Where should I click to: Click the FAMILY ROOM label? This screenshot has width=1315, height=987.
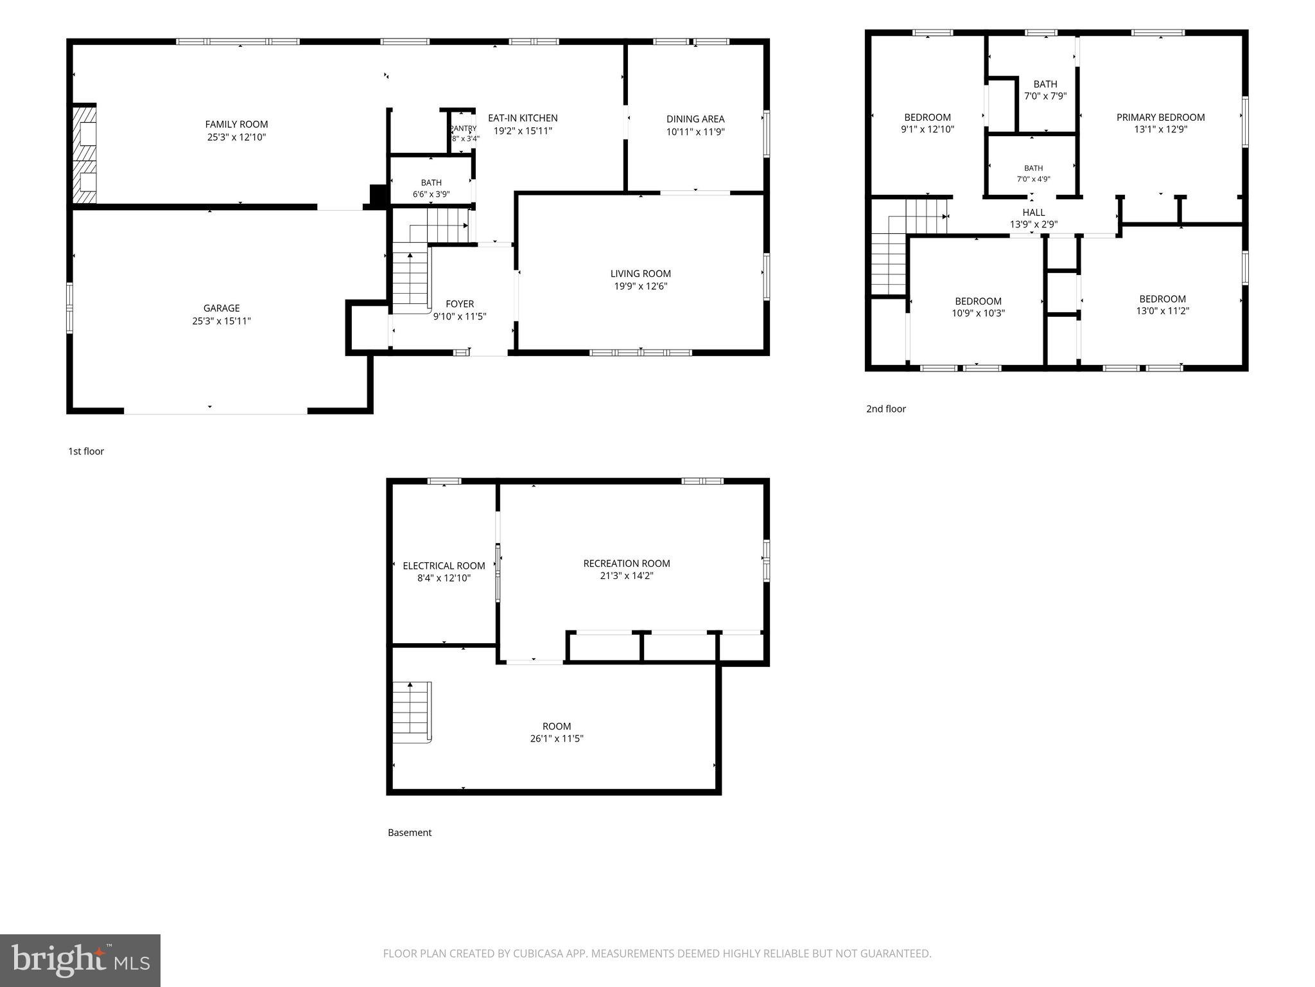236,125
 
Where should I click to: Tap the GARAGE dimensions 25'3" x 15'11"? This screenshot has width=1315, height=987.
222,321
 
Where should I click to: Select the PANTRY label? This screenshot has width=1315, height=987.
463,129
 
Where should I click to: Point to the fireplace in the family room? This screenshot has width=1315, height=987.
83,154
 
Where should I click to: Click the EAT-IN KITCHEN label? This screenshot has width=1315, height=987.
523,118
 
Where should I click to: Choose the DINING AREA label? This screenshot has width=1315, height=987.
695,119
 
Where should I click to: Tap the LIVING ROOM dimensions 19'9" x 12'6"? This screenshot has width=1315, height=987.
641,287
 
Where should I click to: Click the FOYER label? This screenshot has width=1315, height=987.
460,304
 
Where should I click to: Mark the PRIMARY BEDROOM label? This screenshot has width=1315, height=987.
1160,117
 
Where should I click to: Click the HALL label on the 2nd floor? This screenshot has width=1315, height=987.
1034,212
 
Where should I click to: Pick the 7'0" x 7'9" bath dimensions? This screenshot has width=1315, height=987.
1045,96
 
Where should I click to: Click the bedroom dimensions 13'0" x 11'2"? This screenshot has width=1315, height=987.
1162,311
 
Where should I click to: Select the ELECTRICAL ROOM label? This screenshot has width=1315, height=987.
444,566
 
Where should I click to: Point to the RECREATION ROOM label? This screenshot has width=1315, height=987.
627,564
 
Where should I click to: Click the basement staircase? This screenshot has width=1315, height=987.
412,713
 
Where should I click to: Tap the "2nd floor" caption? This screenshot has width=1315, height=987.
886,409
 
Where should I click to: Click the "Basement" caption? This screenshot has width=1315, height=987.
410,833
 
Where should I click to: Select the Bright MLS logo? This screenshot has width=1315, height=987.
80,961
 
